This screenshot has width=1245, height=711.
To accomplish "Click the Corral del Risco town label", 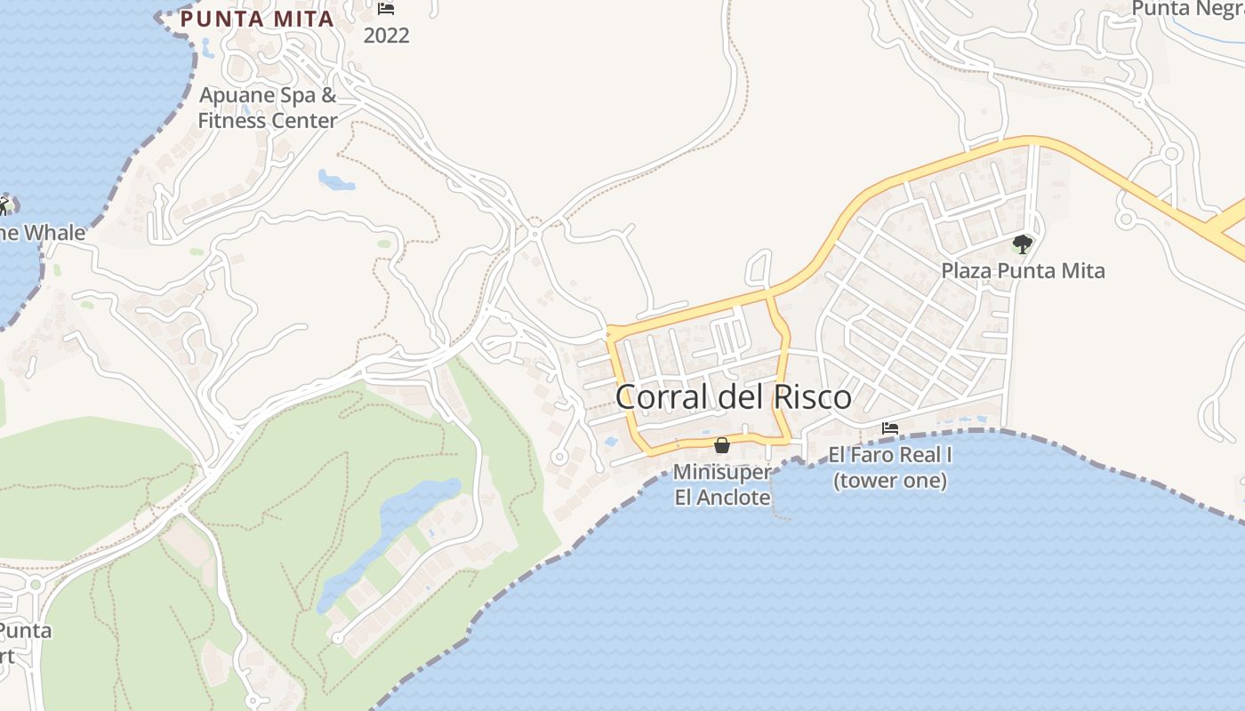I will (733, 397).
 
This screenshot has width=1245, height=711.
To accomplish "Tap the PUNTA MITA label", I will (257, 19).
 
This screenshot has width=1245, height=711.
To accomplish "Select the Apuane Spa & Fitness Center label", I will (267, 108).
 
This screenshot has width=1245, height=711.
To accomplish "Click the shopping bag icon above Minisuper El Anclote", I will (722, 444).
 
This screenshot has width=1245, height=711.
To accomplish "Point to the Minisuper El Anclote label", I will (722, 484).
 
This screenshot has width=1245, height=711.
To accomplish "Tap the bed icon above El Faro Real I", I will (889, 428).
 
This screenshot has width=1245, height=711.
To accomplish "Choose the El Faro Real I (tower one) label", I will (890, 467).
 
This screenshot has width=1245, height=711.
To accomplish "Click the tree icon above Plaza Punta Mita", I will (1023, 244).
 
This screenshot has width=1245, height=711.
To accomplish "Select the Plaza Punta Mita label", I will (1023, 270).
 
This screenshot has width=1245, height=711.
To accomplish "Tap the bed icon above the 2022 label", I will (386, 9).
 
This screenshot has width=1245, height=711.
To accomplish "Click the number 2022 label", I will (386, 36).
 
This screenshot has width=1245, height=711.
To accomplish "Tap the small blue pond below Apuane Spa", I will (336, 180).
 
